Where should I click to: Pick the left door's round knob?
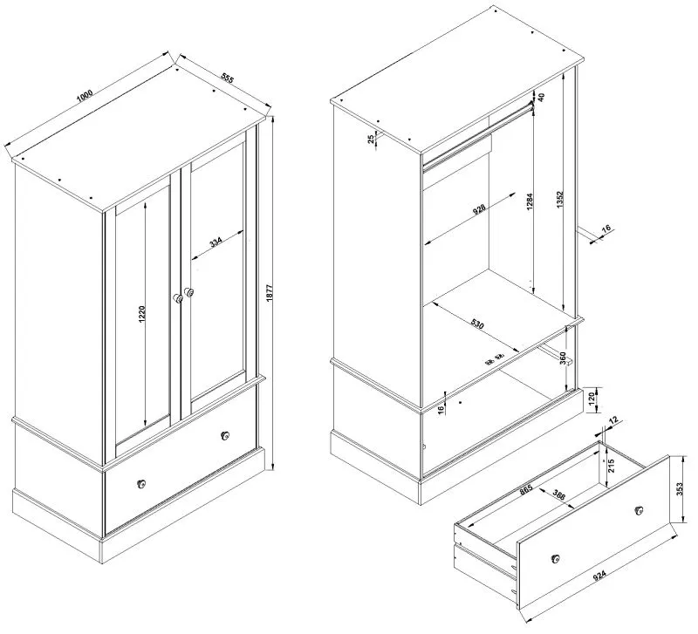(x=179, y=298)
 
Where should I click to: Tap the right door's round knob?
(x=189, y=291)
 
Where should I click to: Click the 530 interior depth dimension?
(x=476, y=324)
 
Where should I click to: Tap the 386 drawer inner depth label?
(x=559, y=494)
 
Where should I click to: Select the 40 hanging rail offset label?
(x=540, y=98)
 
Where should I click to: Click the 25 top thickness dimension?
(x=371, y=139)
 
